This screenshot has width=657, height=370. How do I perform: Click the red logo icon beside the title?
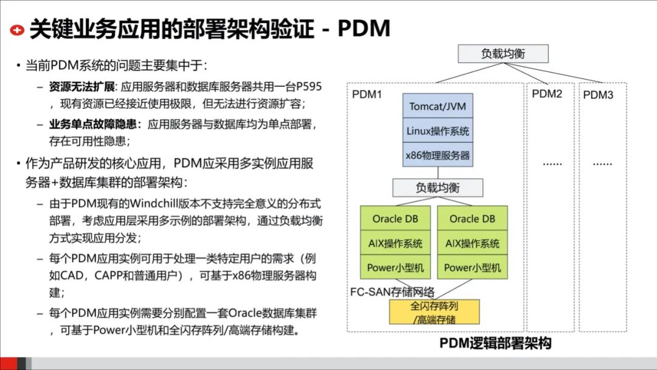[x=18, y=29]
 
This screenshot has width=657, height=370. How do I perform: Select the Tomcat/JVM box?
[x=437, y=106]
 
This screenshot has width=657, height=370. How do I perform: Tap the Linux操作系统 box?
[x=437, y=131]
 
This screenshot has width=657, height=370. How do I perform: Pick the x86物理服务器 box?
[x=437, y=155]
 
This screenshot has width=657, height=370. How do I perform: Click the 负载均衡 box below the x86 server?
[x=437, y=187]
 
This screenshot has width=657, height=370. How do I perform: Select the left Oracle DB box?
[x=395, y=219]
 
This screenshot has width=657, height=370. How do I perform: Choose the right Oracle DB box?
[x=472, y=219]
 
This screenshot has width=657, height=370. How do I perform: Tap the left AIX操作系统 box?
[x=395, y=243]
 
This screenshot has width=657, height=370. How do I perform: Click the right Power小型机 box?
[x=472, y=268]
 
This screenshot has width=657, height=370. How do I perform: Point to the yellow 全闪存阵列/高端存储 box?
[x=434, y=312]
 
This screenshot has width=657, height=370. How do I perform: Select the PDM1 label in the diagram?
[x=367, y=96]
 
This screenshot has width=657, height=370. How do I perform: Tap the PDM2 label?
[x=547, y=94]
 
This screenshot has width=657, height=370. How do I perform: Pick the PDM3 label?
[x=598, y=96]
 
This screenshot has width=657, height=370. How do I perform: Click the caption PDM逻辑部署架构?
[x=495, y=344]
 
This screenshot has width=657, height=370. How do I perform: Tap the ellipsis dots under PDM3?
[x=602, y=163]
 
